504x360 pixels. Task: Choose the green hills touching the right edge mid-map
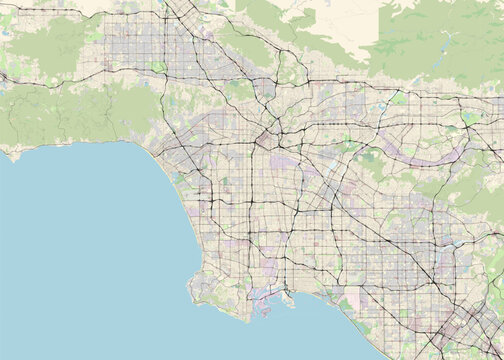pos(490,200)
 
